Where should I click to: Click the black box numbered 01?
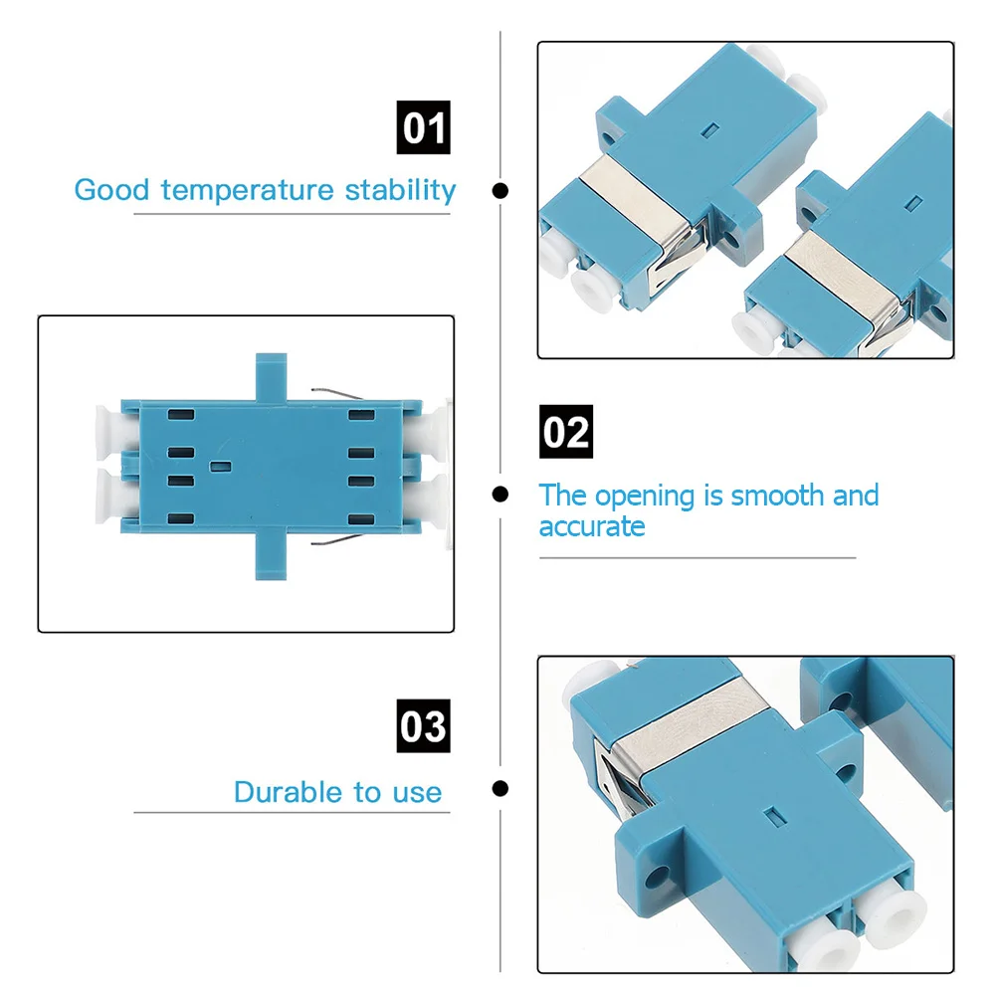coord(424,128)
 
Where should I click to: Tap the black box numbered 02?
coord(565,433)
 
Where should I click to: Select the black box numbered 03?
coord(424,726)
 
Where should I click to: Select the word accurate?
coord(592,526)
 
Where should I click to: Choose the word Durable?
coord(289,792)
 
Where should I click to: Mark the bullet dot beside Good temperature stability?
coord(501,190)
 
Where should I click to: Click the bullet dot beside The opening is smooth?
coord(501,493)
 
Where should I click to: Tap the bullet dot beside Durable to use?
coord(501,789)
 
